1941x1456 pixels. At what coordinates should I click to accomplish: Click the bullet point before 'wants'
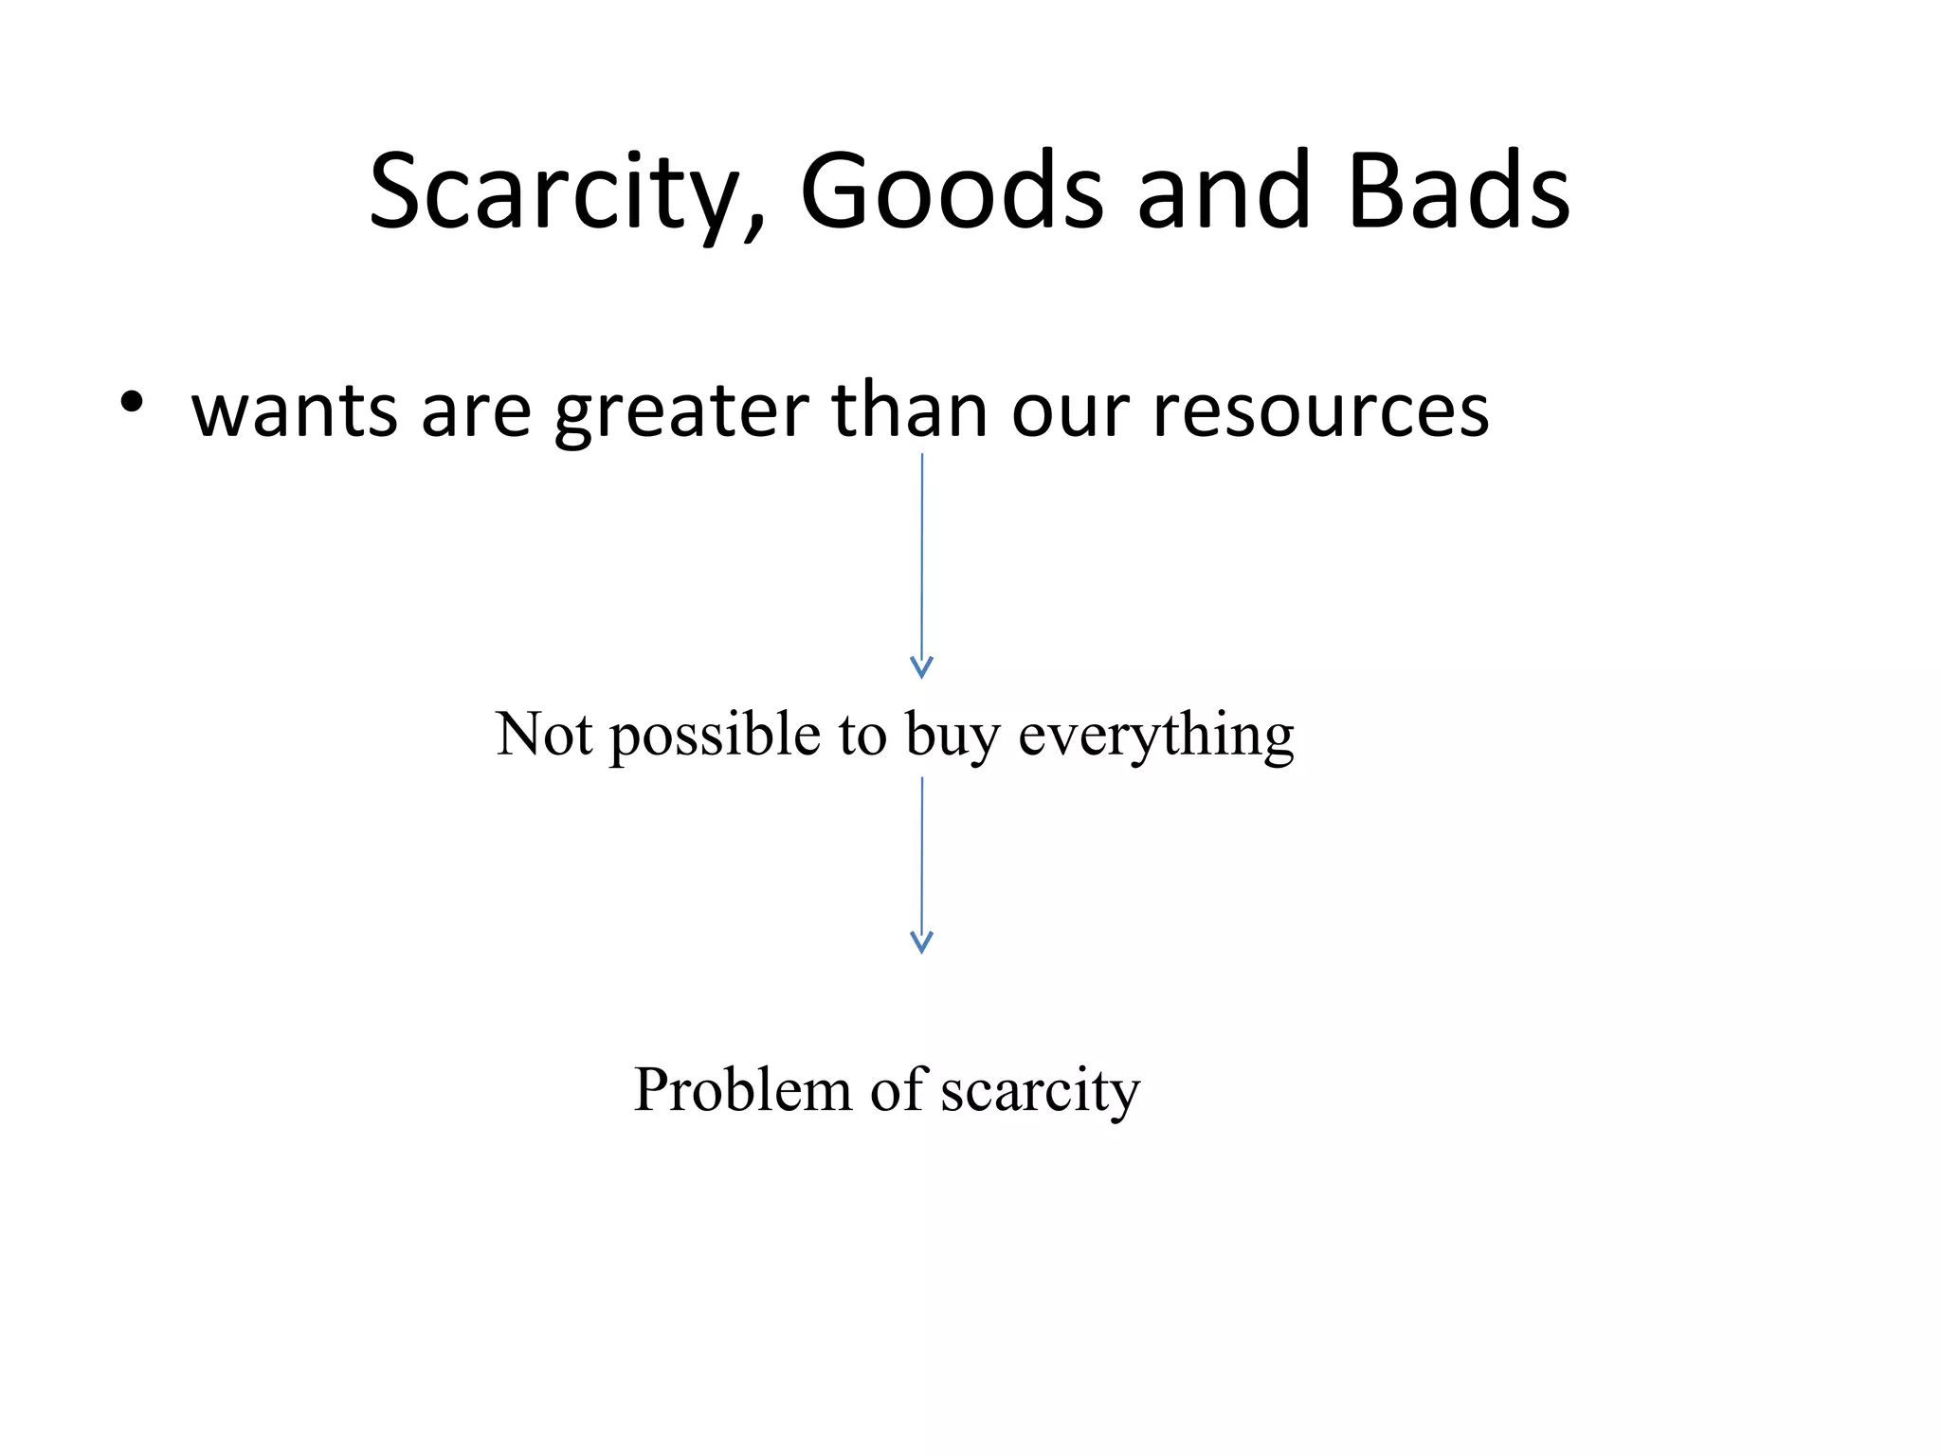click(132, 402)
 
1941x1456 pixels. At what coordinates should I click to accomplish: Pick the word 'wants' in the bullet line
click(294, 412)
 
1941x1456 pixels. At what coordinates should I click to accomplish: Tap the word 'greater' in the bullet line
click(681, 412)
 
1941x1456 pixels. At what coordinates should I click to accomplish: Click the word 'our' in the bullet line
click(1070, 413)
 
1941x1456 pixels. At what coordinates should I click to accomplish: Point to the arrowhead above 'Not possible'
click(921, 667)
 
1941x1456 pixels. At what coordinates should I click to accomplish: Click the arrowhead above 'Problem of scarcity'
click(921, 941)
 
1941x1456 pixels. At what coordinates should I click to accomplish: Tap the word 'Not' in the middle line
click(544, 734)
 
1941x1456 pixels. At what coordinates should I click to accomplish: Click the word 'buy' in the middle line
click(952, 736)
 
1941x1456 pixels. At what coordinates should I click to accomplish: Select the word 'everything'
click(1155, 736)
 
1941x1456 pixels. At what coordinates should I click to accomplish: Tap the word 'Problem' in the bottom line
click(742, 1089)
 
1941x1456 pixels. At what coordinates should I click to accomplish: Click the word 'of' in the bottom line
click(897, 1089)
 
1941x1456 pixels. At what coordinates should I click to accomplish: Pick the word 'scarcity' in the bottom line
click(1040, 1091)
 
